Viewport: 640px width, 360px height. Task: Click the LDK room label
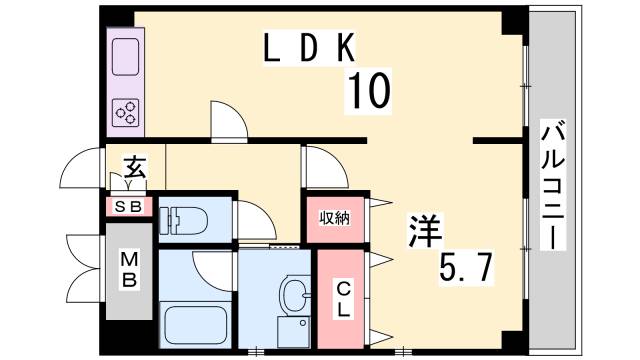click(x=305, y=48)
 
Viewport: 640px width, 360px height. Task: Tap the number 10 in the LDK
click(x=368, y=93)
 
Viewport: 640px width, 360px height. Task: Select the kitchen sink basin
click(x=127, y=55)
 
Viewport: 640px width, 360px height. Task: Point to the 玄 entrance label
click(x=135, y=165)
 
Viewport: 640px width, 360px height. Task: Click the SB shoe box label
click(x=130, y=207)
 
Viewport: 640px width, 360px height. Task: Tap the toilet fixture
click(x=183, y=220)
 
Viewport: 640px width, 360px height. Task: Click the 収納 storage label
click(x=335, y=217)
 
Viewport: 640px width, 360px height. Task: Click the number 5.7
click(x=467, y=266)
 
